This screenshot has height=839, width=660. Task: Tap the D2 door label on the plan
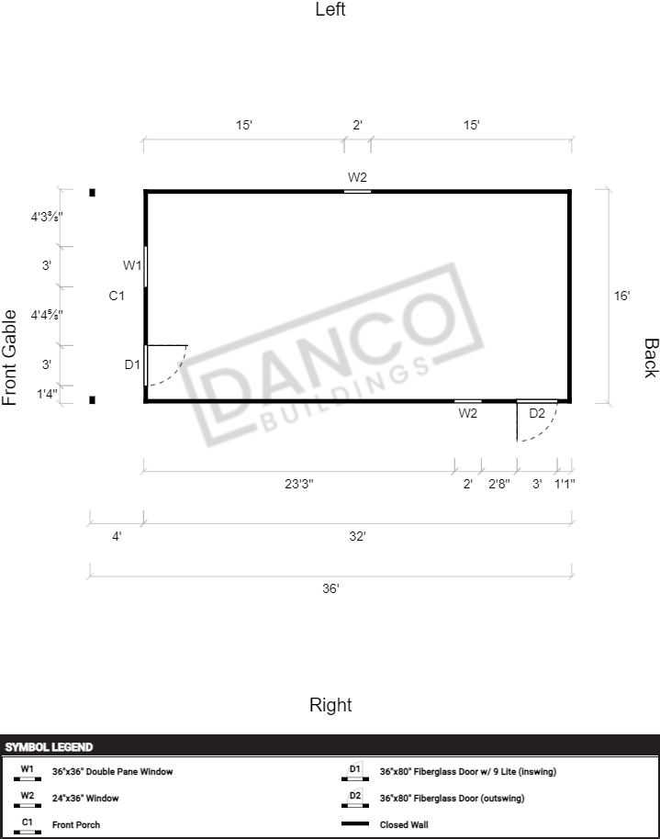(537, 413)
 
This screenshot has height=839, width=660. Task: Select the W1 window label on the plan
(132, 265)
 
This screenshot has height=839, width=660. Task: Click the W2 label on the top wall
(357, 176)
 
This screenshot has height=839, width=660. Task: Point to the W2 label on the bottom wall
(468, 413)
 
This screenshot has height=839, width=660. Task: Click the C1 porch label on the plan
(117, 295)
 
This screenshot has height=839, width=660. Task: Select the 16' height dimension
(621, 296)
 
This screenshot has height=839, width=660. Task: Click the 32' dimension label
(357, 536)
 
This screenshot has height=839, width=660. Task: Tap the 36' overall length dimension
(330, 588)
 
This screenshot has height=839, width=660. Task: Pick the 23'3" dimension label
(299, 484)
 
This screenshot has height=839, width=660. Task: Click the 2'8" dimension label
(499, 484)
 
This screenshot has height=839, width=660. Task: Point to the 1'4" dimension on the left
(47, 394)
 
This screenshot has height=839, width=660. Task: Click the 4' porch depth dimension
(117, 536)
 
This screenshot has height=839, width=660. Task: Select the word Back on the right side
(650, 358)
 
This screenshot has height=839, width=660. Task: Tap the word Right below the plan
(330, 705)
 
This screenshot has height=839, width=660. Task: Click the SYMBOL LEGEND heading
(49, 747)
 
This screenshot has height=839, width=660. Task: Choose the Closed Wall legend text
(404, 824)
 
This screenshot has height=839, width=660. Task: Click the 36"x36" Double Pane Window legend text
(112, 772)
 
